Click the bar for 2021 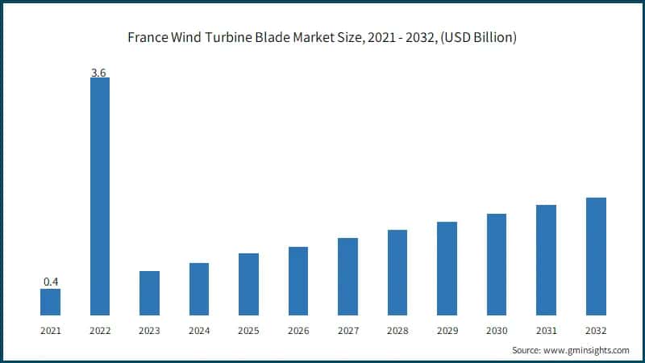pyautogui.click(x=50, y=302)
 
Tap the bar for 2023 pyautogui.click(x=149, y=293)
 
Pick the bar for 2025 pyautogui.click(x=248, y=284)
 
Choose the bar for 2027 pyautogui.click(x=347, y=276)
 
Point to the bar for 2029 pyautogui.click(x=447, y=268)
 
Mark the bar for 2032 pyautogui.click(x=596, y=256)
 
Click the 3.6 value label pyautogui.click(x=99, y=73)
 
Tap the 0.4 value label pyautogui.click(x=50, y=282)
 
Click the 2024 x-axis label pyautogui.click(x=198, y=331)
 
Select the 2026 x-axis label pyautogui.click(x=298, y=331)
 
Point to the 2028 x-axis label pyautogui.click(x=397, y=331)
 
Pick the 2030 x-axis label pyautogui.click(x=497, y=331)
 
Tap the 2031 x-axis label pyautogui.click(x=546, y=331)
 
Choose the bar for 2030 pyautogui.click(x=497, y=264)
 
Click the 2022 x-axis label pyautogui.click(x=99, y=331)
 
